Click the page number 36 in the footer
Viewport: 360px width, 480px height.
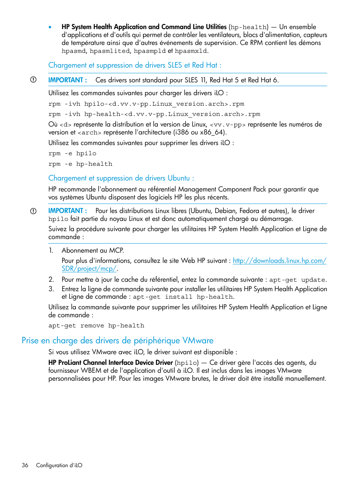(x=25, y=465)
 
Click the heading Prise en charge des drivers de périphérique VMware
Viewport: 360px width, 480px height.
(x=117, y=340)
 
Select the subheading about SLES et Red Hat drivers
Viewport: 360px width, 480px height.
(x=135, y=65)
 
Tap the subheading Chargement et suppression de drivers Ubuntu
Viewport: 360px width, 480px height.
(x=121, y=178)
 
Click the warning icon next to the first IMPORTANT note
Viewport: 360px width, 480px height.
(x=33, y=80)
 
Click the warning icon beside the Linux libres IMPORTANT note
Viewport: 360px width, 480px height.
(x=33, y=211)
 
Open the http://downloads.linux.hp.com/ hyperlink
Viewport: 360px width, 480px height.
(x=279, y=261)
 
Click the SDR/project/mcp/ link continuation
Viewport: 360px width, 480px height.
(x=89, y=269)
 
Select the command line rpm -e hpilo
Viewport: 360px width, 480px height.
(x=72, y=153)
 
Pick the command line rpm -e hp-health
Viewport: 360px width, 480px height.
(x=80, y=164)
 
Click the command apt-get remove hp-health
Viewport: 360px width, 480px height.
(x=96, y=326)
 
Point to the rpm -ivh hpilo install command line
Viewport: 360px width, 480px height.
(x=146, y=104)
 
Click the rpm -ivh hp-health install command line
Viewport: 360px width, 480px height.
(x=154, y=114)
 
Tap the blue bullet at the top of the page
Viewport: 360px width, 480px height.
(x=50, y=27)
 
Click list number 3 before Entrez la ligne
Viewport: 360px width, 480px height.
(x=51, y=289)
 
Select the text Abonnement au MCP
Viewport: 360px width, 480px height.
(x=93, y=250)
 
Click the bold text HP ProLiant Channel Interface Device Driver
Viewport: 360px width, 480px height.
(x=110, y=363)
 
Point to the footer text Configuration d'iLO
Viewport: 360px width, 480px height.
(x=59, y=465)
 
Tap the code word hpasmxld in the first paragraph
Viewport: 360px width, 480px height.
(x=191, y=51)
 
